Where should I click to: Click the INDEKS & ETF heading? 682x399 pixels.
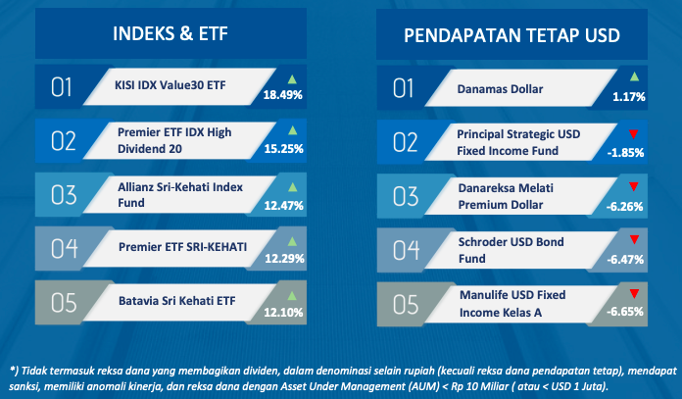[x=170, y=33]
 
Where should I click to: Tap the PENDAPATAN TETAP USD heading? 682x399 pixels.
[x=511, y=35]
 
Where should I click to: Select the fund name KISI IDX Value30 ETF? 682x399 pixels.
[x=170, y=85]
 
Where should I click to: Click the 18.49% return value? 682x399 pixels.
[x=283, y=95]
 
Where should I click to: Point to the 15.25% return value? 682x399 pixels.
[x=283, y=149]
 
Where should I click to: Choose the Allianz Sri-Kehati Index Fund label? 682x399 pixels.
[x=180, y=195]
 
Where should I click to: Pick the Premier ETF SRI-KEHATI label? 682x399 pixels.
[x=182, y=247]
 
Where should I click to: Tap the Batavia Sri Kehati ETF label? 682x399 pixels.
[x=177, y=301]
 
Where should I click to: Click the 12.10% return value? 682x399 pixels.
[x=283, y=313]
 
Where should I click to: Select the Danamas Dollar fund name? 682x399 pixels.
[x=500, y=89]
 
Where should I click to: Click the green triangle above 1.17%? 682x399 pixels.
[x=635, y=77]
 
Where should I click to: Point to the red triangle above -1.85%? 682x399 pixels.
[x=634, y=134]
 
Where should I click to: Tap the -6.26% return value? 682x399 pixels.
[x=624, y=207]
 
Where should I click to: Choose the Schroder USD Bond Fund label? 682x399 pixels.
[x=511, y=250]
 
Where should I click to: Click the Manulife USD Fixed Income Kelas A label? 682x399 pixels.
[x=512, y=304]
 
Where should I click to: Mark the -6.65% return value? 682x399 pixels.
[x=625, y=312]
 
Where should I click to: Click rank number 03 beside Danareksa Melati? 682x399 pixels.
[x=406, y=196]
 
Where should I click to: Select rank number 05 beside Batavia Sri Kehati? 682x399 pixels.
[x=64, y=303]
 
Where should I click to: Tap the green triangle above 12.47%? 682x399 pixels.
[x=293, y=187]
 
